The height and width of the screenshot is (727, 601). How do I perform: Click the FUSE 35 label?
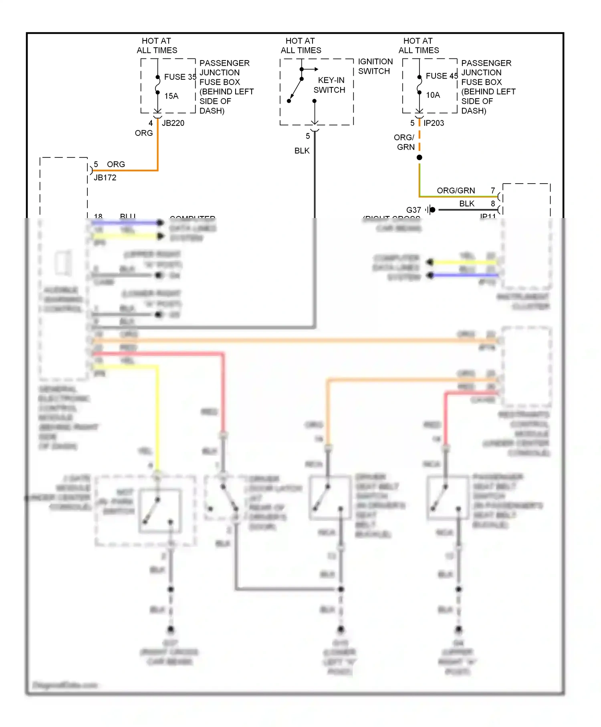pyautogui.click(x=180, y=77)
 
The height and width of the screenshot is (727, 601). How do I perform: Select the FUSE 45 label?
pyautogui.click(x=442, y=76)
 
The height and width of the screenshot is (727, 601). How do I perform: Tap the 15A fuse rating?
pyautogui.click(x=171, y=96)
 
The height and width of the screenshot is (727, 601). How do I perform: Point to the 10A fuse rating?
pyautogui.click(x=433, y=95)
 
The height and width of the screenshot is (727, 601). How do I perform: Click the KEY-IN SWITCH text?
pyautogui.click(x=330, y=85)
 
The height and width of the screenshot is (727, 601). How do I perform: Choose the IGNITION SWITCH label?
pyautogui.click(x=375, y=66)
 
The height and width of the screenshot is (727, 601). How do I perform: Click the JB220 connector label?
pyautogui.click(x=173, y=123)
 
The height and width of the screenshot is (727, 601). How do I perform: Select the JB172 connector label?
pyautogui.click(x=105, y=178)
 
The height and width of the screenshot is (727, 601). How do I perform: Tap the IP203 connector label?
pyautogui.click(x=434, y=123)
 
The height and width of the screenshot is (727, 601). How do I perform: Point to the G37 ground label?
pyautogui.click(x=413, y=210)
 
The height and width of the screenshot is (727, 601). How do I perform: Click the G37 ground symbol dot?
pyautogui.click(x=432, y=210)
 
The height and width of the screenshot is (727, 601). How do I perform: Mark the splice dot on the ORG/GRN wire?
pyautogui.click(x=419, y=158)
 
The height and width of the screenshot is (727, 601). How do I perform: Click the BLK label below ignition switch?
pyautogui.click(x=302, y=151)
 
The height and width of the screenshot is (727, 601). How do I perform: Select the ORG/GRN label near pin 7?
pyautogui.click(x=456, y=190)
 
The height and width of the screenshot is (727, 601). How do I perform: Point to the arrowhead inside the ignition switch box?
pyautogui.click(x=316, y=69)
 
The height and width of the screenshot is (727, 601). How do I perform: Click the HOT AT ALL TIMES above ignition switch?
pyautogui.click(x=301, y=45)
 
